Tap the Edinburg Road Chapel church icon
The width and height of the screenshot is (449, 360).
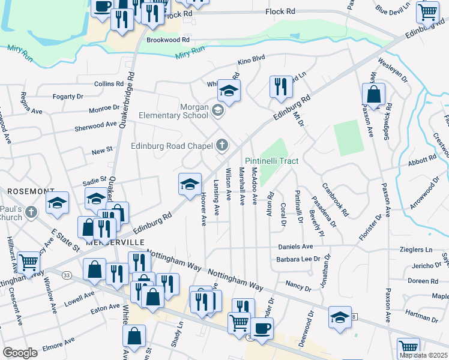[222, 145]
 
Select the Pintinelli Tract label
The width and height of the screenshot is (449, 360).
[272, 161]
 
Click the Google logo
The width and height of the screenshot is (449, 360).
[20, 352]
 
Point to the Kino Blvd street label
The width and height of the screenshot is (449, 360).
[251, 60]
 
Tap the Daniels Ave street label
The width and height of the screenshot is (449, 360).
[295, 247]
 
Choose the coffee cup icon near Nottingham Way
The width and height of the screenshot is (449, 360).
[262, 329]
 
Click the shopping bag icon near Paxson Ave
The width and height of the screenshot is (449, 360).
[373, 95]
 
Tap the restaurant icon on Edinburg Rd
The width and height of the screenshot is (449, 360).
[280, 88]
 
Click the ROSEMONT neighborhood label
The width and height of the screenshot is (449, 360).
[31, 191]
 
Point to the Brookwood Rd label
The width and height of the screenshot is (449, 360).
[167, 40]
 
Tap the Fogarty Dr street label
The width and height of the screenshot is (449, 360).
[67, 96]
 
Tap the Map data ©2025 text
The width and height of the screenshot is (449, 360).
[423, 355]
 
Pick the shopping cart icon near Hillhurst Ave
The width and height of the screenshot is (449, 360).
[28, 262]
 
